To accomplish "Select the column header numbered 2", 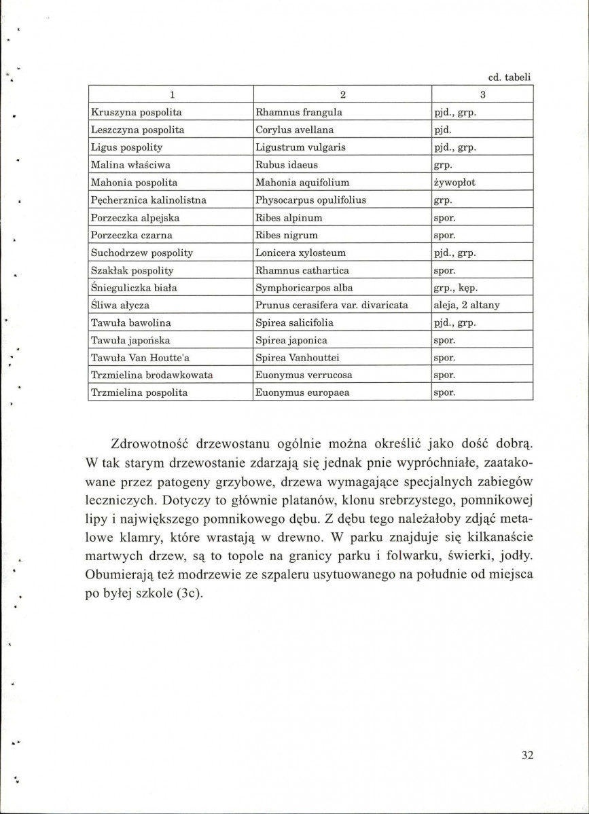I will [x=343, y=94].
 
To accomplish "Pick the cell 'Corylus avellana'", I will [x=295, y=129].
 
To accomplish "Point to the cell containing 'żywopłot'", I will [x=457, y=182].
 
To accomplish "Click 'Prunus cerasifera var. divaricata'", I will [x=331, y=306].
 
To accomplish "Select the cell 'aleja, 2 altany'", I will [x=466, y=306].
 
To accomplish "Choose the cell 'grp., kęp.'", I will [x=457, y=288].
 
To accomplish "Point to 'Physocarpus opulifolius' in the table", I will [x=310, y=200].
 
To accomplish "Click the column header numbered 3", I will [x=482, y=94].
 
